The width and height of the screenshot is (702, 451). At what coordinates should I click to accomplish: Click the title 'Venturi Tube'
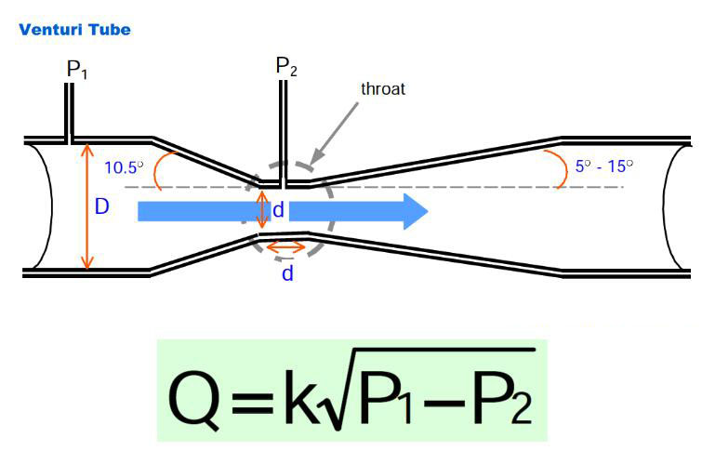(74, 30)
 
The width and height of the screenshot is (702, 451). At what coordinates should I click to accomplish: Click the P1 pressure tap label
(76, 70)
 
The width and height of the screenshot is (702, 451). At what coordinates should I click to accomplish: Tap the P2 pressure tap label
(285, 67)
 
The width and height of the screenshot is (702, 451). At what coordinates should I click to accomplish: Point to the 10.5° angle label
(124, 168)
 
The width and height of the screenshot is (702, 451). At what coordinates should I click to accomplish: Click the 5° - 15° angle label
(603, 166)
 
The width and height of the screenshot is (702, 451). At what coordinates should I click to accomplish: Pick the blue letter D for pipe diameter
(102, 207)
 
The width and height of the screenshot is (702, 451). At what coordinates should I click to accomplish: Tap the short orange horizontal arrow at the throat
(285, 247)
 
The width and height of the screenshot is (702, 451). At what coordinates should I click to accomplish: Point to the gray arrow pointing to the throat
(337, 129)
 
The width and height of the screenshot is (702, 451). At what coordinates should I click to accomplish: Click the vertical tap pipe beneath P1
(70, 112)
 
